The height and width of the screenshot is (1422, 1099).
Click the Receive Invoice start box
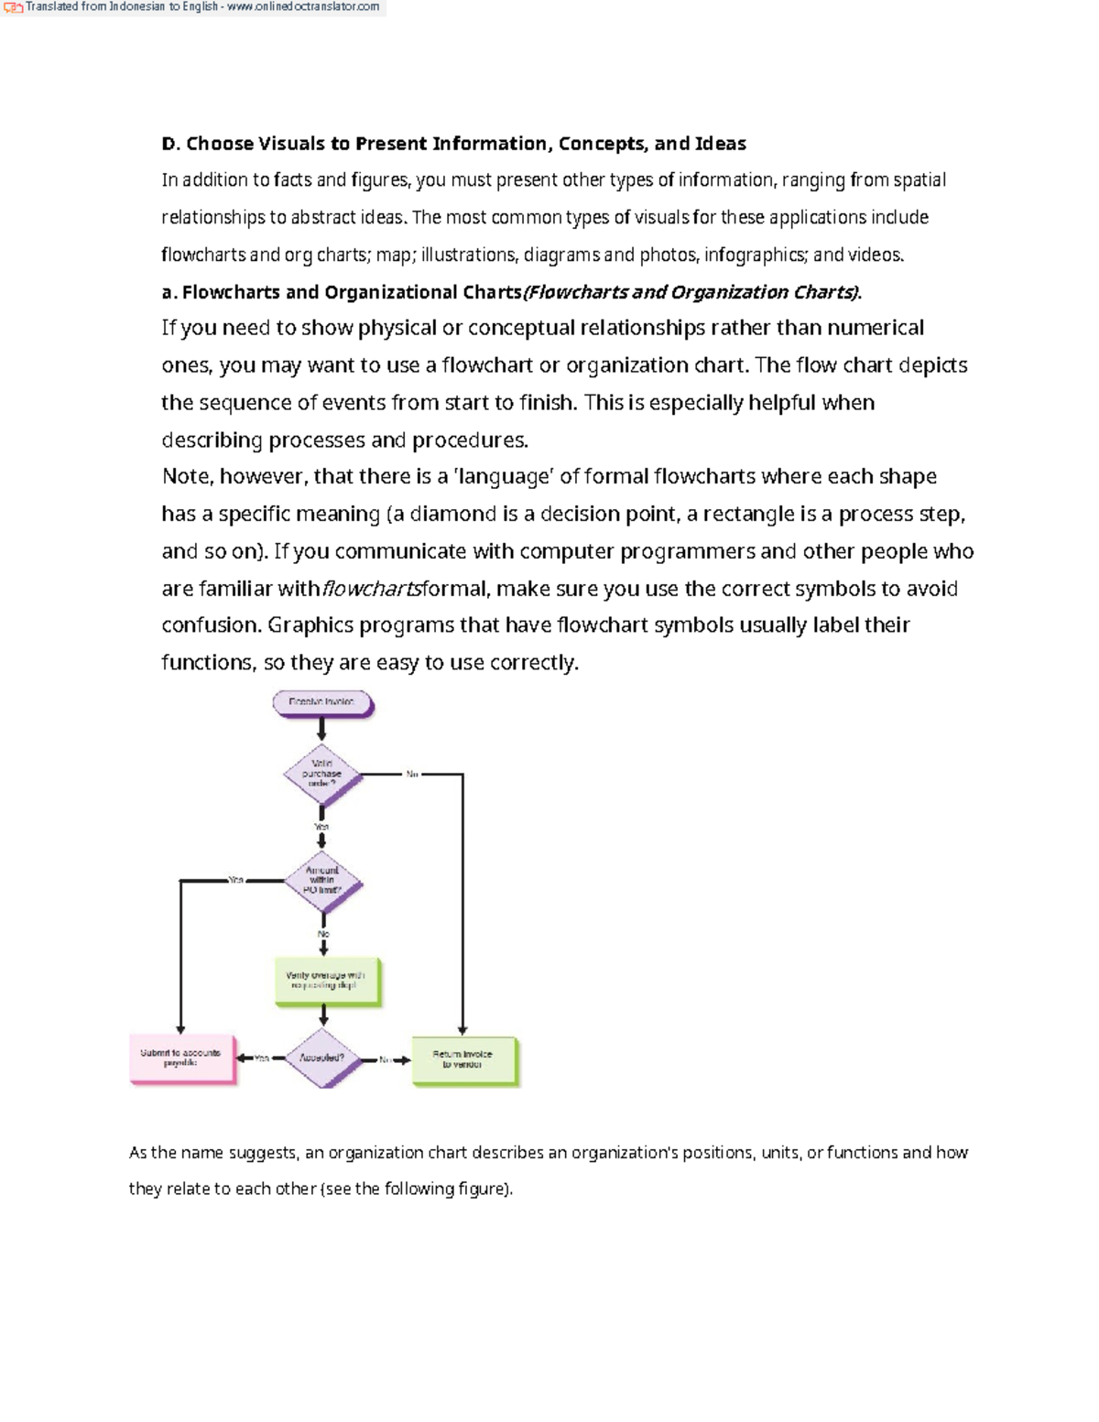pyautogui.click(x=321, y=702)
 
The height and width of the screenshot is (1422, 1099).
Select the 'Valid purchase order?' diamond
pyautogui.click(x=321, y=774)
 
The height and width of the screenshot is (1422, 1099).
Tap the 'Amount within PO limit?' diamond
pyautogui.click(x=321, y=881)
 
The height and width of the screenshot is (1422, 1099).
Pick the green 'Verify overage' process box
pyautogui.click(x=326, y=981)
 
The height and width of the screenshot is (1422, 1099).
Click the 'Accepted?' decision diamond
pyautogui.click(x=322, y=1058)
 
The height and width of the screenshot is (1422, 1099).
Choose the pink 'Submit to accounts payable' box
pyautogui.click(x=181, y=1058)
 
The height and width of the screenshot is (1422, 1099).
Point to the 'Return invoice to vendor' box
pyautogui.click(x=463, y=1059)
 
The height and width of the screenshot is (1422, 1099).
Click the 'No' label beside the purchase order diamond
pyautogui.click(x=412, y=775)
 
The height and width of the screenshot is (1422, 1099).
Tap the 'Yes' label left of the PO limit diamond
pyautogui.click(x=236, y=880)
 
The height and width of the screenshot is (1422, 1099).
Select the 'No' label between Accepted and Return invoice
pyautogui.click(x=386, y=1059)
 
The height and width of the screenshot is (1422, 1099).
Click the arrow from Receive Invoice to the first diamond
pyautogui.click(x=321, y=729)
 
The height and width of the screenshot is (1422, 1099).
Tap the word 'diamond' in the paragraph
pyautogui.click(x=453, y=515)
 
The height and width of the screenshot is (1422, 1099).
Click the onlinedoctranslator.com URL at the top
pyautogui.click(x=303, y=7)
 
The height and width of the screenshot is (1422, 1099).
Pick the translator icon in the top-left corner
pyautogui.click(x=13, y=8)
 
